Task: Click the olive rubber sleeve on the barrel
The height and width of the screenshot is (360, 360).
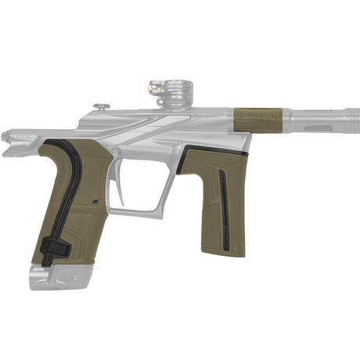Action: coord(262,119)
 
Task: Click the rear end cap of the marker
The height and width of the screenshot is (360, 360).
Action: coord(9,142)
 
